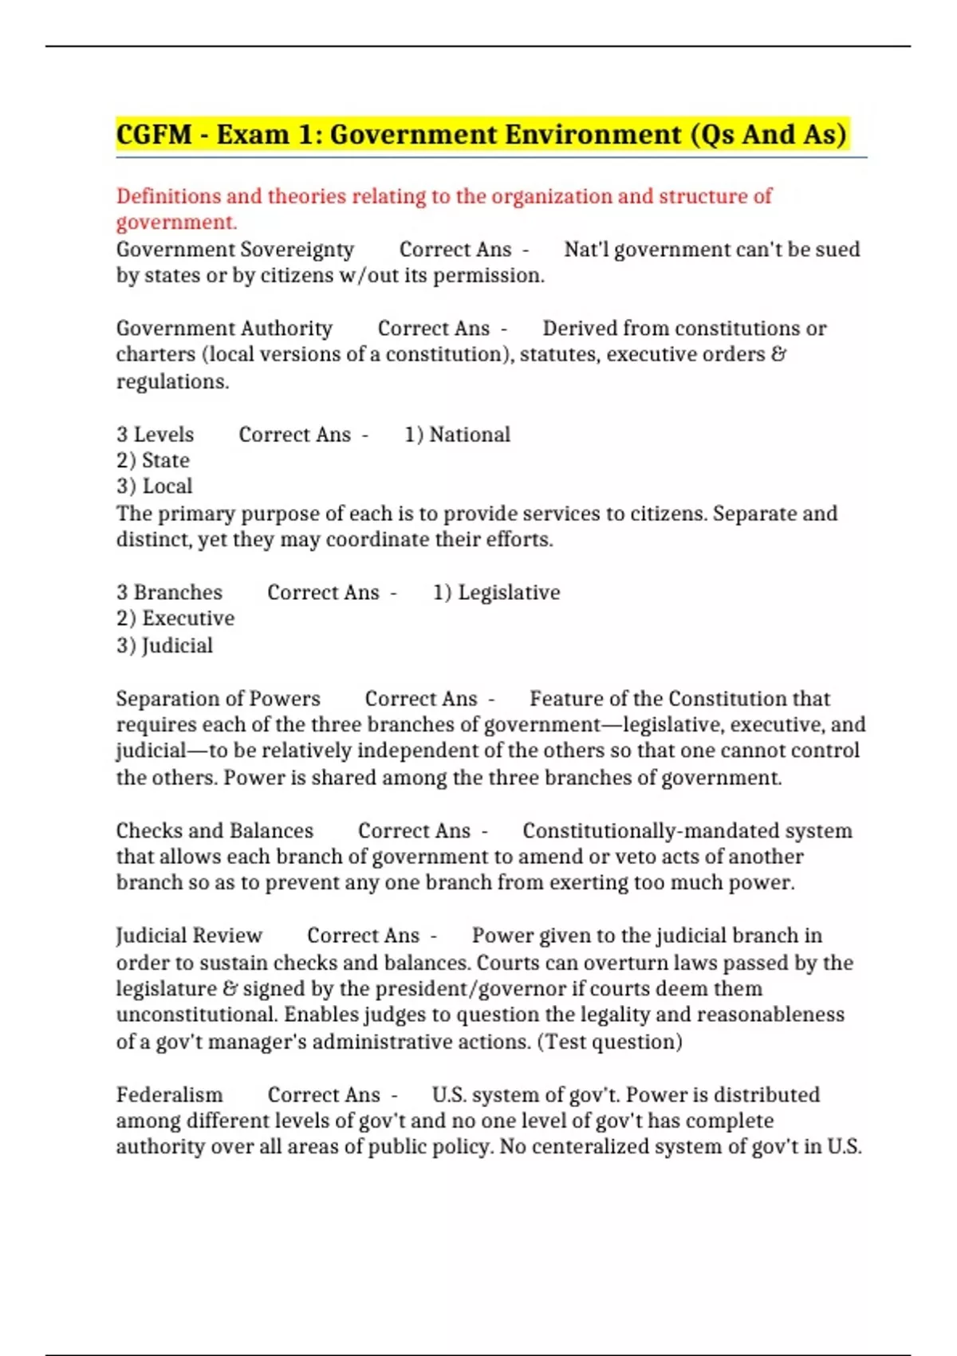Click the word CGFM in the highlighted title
154,134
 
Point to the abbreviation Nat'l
586,250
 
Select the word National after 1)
470,435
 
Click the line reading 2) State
153,460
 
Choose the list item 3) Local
155,487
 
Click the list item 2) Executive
175,618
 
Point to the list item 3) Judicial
165,645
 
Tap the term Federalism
169,1095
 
